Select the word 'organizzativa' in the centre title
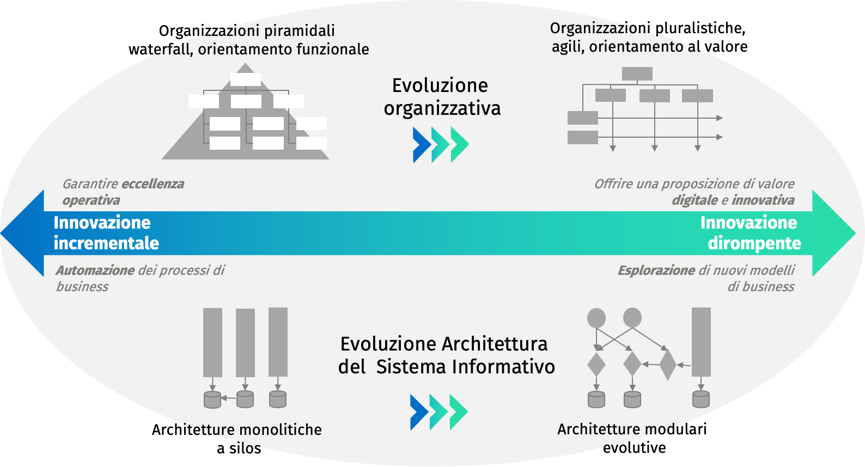click(x=442, y=108)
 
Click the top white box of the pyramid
click(x=246, y=79)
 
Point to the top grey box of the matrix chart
click(x=637, y=73)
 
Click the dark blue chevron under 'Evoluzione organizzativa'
click(x=422, y=145)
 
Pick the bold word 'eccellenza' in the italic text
click(x=153, y=184)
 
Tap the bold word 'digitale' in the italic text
click(x=695, y=200)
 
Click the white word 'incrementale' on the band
click(x=106, y=243)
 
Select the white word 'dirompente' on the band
click(x=754, y=243)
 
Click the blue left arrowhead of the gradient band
click(x=22, y=233)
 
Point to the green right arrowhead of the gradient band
click(x=834, y=233)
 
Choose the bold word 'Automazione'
click(x=95, y=271)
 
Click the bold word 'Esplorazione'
click(x=656, y=271)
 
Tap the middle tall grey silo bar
click(x=245, y=343)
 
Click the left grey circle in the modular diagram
click(x=596, y=318)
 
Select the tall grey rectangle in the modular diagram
click(x=701, y=342)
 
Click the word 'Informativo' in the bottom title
click(x=504, y=367)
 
